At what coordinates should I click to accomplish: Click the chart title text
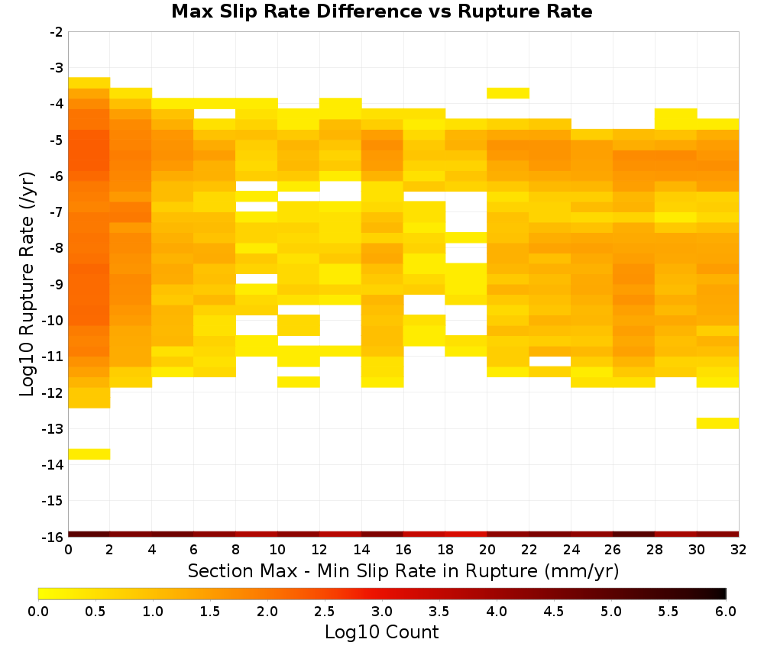[381, 11]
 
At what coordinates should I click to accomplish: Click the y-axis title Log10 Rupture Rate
[27, 284]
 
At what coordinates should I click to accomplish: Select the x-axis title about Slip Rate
[403, 570]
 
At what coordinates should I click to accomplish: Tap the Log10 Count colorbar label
[381, 632]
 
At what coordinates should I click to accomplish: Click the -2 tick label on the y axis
[57, 32]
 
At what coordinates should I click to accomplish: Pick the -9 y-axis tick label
[57, 284]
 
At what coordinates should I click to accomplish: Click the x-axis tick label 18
[445, 550]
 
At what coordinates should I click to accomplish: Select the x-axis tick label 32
[739, 550]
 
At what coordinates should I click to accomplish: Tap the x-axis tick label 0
[68, 550]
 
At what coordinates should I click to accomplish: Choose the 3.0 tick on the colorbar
[381, 612]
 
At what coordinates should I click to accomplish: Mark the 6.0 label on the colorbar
[726, 612]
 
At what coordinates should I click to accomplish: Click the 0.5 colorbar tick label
[95, 612]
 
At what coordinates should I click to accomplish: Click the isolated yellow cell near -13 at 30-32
[717, 423]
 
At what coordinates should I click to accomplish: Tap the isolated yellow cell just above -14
[89, 454]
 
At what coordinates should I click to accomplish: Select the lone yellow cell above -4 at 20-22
[508, 93]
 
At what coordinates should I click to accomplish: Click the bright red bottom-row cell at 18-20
[466, 534]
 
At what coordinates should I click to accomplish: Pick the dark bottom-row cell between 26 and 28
[634, 534]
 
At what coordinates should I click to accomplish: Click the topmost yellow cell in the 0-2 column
[89, 82]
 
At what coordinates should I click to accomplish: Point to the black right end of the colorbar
[723, 593]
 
